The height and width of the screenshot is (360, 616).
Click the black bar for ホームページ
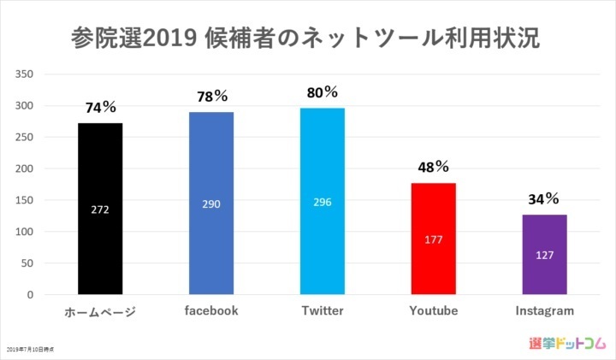pos(100,209)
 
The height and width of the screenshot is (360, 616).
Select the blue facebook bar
pos(211,204)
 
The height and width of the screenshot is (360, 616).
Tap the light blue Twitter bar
pos(323,201)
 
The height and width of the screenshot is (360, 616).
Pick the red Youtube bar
pos(434,239)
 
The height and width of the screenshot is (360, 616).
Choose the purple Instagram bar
pos(545,255)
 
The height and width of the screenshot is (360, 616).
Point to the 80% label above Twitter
pos(323,91)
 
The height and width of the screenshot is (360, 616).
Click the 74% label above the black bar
pos(100,108)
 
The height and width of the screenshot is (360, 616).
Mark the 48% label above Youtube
pos(434,167)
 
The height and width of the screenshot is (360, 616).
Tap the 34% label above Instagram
pos(544,199)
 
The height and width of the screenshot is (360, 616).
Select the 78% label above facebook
pos(211,97)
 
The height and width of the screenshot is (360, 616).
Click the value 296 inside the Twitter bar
pos(323,202)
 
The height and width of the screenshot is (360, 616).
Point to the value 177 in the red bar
pos(434,239)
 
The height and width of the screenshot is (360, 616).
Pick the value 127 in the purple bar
pos(545,255)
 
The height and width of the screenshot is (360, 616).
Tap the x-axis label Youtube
pos(434,310)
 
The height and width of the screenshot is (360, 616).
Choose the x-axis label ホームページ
pos(100,311)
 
